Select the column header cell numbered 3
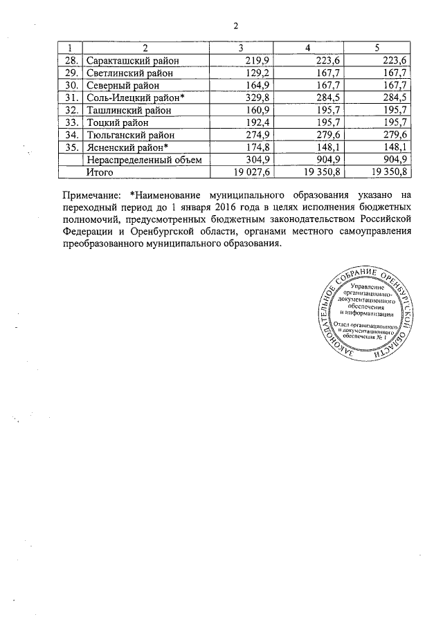240,48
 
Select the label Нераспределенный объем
143,159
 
